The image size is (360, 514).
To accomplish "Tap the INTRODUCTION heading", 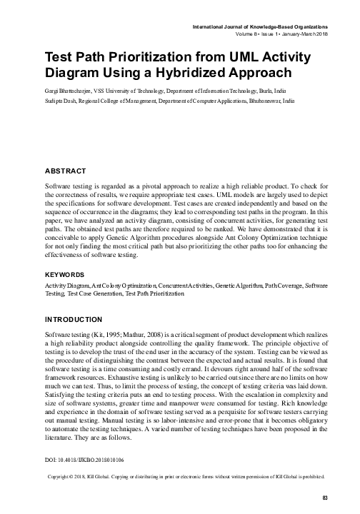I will pos(74,318).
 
